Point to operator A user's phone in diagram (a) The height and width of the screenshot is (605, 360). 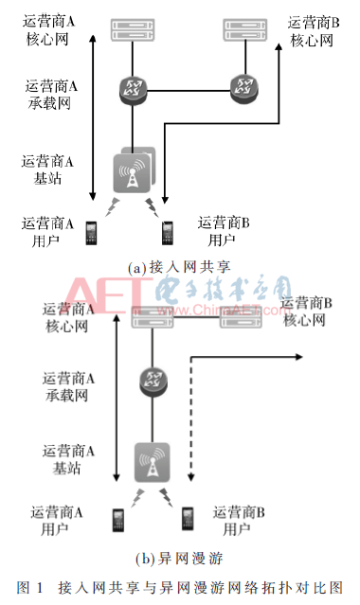point(92,232)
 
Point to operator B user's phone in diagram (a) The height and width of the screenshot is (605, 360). point(167,232)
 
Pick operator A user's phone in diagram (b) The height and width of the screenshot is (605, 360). point(118,519)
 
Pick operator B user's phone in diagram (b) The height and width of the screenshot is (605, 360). point(189,519)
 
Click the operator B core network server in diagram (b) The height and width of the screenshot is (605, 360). point(241,320)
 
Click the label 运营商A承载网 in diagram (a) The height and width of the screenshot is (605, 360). point(52,94)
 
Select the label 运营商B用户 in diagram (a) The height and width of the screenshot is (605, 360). point(223,231)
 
